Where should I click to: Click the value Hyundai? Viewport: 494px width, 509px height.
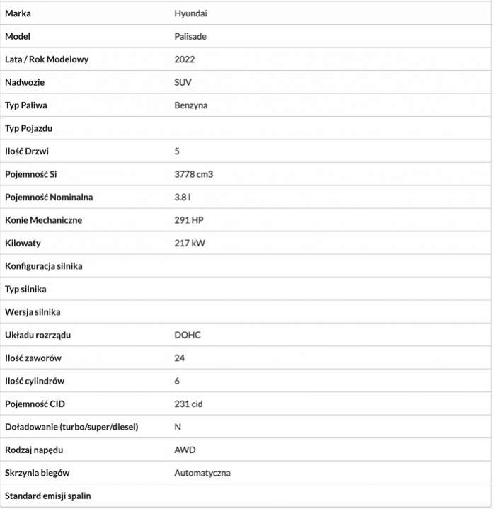[190, 13]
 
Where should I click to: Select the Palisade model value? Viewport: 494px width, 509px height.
[190, 36]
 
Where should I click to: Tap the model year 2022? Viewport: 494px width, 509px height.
[184, 59]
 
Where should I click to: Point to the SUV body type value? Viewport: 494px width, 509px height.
[183, 82]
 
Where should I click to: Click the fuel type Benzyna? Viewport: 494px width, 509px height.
[191, 105]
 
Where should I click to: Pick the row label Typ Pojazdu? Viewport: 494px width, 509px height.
[29, 128]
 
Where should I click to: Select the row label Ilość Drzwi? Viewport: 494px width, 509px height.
[27, 151]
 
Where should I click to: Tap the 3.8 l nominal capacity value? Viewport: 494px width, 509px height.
[183, 197]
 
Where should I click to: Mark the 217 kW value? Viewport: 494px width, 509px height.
[189, 243]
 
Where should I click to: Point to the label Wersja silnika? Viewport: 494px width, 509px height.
[33, 311]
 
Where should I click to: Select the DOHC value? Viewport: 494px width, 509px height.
[188, 335]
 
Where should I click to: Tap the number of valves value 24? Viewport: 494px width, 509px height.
[179, 358]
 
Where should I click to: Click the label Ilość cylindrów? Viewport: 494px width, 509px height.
[35, 381]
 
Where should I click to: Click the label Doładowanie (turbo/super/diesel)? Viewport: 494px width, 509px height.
[71, 427]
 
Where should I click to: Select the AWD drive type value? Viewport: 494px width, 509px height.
[185, 450]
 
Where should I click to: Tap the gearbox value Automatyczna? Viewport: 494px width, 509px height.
[202, 473]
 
